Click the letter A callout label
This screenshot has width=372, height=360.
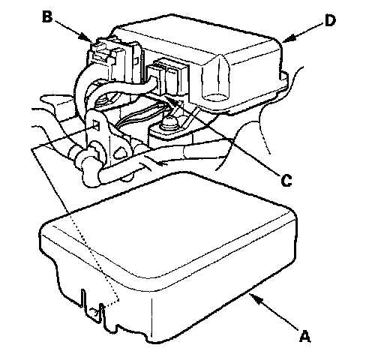[304, 336]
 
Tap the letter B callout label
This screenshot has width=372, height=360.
[47, 17]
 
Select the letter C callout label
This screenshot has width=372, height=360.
[286, 181]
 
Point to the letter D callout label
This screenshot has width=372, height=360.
[330, 20]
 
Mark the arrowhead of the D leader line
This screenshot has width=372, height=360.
[287, 38]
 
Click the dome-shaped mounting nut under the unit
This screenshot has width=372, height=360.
[169, 123]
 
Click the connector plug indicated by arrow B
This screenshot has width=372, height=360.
[103, 54]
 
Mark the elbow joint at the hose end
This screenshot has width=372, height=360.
[91, 175]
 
